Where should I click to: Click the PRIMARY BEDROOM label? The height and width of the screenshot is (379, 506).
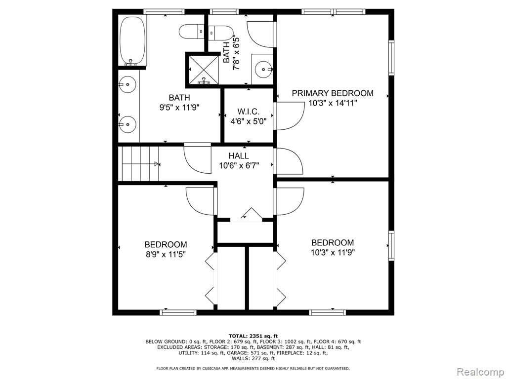pyautogui.click(x=333, y=93)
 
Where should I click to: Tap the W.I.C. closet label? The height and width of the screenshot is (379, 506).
pyautogui.click(x=248, y=112)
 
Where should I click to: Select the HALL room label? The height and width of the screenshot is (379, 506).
pyautogui.click(x=239, y=156)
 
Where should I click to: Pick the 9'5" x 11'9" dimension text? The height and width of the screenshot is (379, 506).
pyautogui.click(x=179, y=107)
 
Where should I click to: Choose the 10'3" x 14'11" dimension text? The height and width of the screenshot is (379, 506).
pyautogui.click(x=333, y=103)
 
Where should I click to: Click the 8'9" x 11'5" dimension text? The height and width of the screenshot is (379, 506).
pyautogui.click(x=166, y=254)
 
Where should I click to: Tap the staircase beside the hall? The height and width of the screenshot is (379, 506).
pyautogui.click(x=139, y=164)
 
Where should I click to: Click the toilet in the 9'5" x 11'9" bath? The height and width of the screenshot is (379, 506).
pyautogui.click(x=192, y=32)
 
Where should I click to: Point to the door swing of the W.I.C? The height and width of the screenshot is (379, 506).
pyautogui.click(x=288, y=116)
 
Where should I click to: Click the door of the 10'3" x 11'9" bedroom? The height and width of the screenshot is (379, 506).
pyautogui.click(x=289, y=201)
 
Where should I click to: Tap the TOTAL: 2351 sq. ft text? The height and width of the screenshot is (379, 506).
pyautogui.click(x=253, y=336)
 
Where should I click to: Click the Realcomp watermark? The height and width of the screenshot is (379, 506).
pyautogui.click(x=480, y=372)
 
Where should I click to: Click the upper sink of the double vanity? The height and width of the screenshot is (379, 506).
pyautogui.click(x=127, y=84)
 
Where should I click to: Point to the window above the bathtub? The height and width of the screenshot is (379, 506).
pyautogui.click(x=164, y=12)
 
